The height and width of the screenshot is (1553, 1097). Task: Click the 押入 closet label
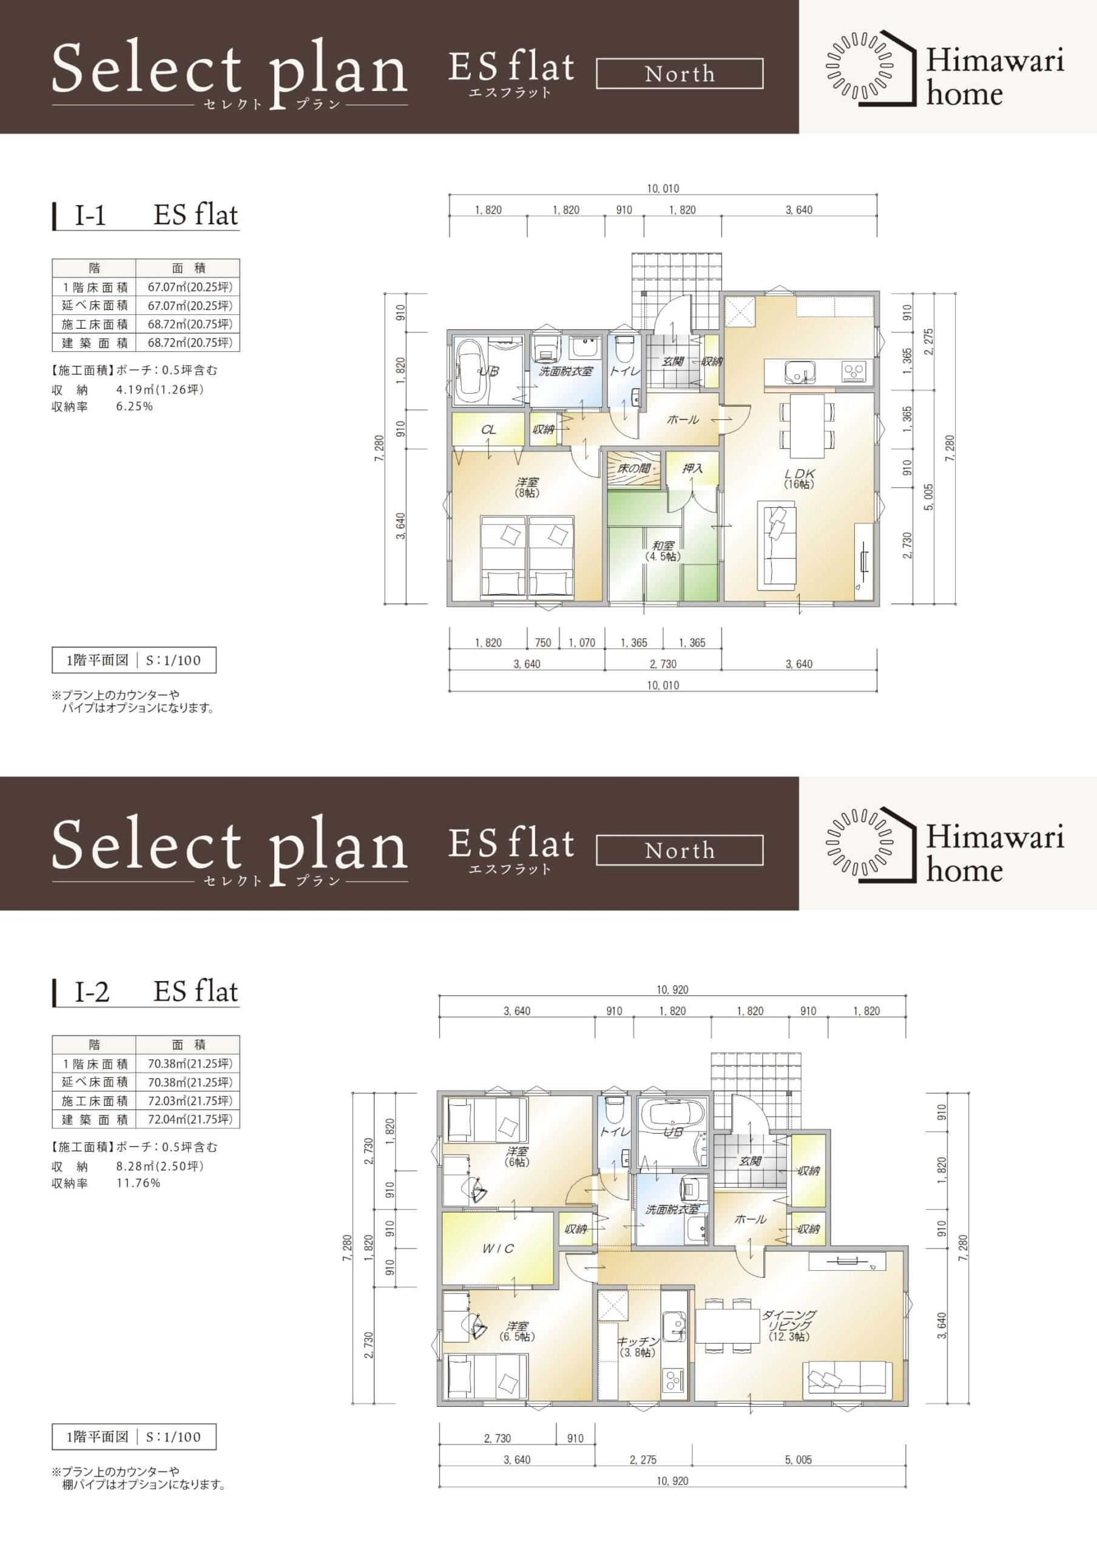pos(692,468)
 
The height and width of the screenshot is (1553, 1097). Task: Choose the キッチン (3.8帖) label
pos(637,1346)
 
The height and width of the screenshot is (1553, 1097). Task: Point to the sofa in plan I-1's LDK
pos(777,544)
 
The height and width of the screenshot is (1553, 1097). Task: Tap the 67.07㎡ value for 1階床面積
pos(189,287)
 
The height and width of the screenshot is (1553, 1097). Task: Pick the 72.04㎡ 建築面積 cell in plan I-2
pos(189,1119)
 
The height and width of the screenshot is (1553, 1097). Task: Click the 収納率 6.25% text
pos(102,406)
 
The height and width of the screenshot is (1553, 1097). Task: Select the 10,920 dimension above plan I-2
pos(672,989)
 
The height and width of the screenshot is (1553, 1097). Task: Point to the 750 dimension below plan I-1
pos(543,642)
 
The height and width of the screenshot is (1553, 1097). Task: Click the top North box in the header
pos(680,74)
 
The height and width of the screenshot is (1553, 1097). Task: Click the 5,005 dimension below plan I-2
pos(798,1460)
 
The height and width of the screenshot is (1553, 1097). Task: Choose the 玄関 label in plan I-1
pos(672,362)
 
